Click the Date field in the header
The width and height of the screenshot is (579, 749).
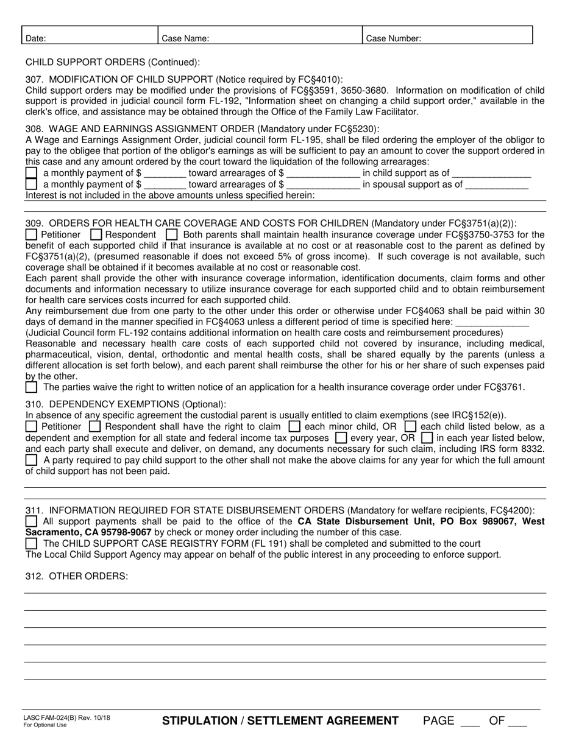pos(90,35)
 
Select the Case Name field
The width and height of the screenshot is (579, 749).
pos(260,35)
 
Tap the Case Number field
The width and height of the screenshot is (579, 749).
pos(448,35)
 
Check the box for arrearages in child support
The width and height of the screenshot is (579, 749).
pos(31,174)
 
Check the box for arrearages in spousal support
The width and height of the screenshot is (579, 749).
pos(31,185)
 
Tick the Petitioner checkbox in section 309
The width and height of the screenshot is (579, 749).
pos(31,234)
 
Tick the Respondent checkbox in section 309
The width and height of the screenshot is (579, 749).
pos(96,234)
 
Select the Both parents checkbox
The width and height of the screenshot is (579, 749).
pos(172,234)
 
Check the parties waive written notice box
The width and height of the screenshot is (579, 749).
pos(31,387)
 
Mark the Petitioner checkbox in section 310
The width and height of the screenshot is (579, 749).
pos(31,427)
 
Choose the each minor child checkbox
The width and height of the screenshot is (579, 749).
pos(294,427)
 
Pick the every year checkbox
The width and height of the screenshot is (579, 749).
pos(341,438)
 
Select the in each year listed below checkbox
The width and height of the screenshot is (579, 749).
pos(427,438)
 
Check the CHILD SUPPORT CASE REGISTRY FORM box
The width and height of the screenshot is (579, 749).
pos(31,543)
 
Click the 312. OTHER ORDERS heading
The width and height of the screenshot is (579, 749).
pos(77,577)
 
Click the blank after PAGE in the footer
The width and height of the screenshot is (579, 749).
pos(470,722)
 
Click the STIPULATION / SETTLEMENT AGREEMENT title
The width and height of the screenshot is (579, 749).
pos(280,721)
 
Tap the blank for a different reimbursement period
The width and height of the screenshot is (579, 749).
pos(492,322)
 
